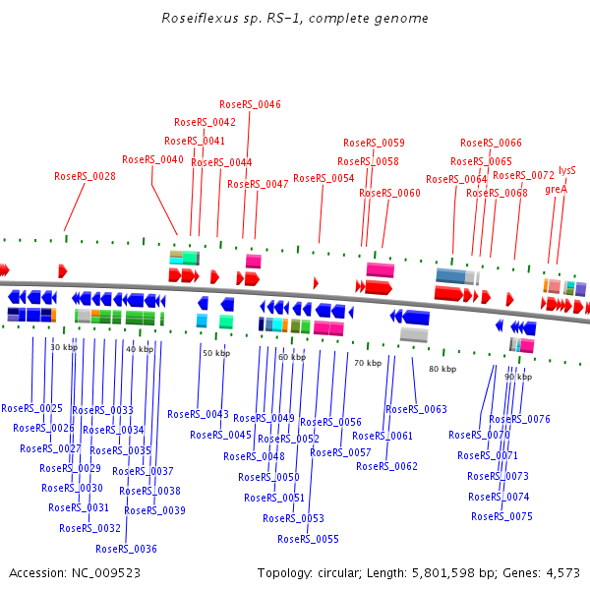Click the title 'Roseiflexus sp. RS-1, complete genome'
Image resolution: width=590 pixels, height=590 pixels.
(x=295, y=19)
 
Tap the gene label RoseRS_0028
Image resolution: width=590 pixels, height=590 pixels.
(x=85, y=177)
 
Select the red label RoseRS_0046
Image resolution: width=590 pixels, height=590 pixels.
(x=250, y=104)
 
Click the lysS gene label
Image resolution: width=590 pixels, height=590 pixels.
(x=567, y=170)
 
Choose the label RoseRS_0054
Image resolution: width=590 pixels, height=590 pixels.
(x=324, y=178)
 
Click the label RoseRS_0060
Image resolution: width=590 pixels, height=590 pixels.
(x=389, y=193)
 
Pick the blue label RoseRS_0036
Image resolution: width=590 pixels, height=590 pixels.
(x=126, y=549)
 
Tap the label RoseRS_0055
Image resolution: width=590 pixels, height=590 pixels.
(x=308, y=539)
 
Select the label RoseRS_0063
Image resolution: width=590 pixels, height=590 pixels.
(x=416, y=409)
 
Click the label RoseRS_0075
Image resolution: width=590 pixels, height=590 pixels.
(x=501, y=516)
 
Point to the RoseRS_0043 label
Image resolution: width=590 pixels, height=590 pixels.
(x=198, y=414)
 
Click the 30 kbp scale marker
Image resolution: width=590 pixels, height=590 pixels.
(x=63, y=347)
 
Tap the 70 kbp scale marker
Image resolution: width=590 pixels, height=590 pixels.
(x=368, y=363)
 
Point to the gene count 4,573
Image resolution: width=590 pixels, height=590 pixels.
(x=563, y=572)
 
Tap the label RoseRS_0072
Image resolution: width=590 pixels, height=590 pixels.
(x=523, y=175)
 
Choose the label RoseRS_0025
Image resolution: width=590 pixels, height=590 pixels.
(x=31, y=407)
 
